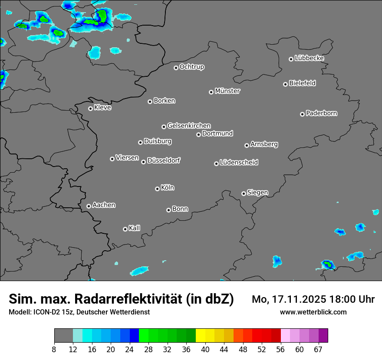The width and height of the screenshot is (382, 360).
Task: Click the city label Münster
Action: click(227, 91)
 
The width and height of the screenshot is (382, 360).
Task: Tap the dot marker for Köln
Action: click(157, 189)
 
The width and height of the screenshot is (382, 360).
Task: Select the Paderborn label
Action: click(322, 113)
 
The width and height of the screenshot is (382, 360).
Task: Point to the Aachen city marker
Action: click(89, 206)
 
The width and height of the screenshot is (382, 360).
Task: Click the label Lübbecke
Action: click(309, 58)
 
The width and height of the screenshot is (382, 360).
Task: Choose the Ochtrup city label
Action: click(192, 67)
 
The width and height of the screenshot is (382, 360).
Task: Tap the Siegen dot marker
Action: click(244, 193)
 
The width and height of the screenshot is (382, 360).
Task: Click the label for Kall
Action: click(135, 228)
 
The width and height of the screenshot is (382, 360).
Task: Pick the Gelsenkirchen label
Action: click(189, 126)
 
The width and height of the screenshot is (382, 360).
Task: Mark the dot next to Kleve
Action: click(90, 108)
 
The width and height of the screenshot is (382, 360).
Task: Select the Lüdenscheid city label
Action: click(239, 163)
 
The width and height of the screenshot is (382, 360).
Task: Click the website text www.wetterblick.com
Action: click(313, 312)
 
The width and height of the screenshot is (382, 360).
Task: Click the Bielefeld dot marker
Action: click(285, 84)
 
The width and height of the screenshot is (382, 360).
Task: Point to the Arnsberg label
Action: click(264, 144)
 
